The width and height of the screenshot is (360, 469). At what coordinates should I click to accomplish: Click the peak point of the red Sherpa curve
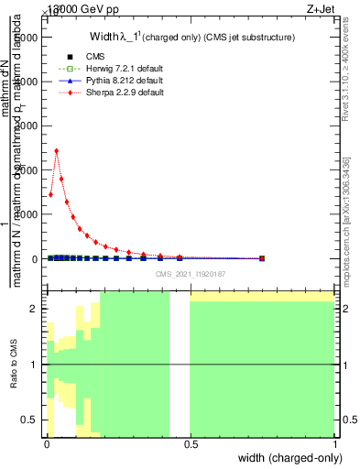click(57, 151)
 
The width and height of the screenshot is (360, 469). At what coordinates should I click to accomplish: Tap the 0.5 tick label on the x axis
click(190, 443)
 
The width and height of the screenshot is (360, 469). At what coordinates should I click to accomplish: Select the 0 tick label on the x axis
click(46, 443)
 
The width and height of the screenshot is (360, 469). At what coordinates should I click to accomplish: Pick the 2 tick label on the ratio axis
click(35, 310)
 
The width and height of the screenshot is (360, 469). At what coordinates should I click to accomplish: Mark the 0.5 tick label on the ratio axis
click(31, 420)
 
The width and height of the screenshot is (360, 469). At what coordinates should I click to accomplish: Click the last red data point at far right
click(262, 258)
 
